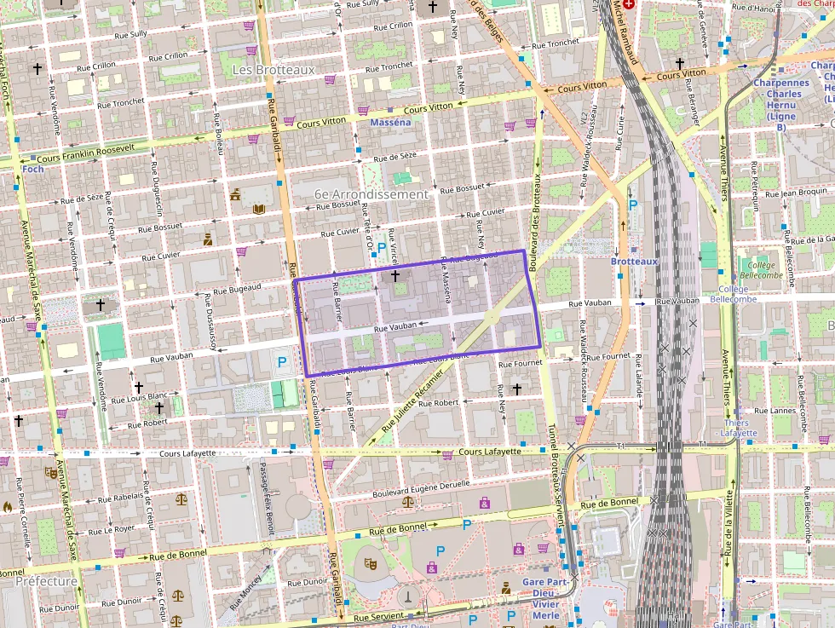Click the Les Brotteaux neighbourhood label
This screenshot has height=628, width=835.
[267, 69]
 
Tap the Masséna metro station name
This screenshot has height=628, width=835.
[390, 123]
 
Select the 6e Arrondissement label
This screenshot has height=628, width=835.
[371, 194]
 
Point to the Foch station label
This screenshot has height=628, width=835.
[33, 169]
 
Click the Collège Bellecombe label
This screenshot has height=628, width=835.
[761, 270]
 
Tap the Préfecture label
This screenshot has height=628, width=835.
[46, 581]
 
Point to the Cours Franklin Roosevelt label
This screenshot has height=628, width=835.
[86, 153]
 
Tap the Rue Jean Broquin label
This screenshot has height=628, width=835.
[796, 193]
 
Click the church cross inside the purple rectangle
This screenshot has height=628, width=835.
[394, 276]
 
